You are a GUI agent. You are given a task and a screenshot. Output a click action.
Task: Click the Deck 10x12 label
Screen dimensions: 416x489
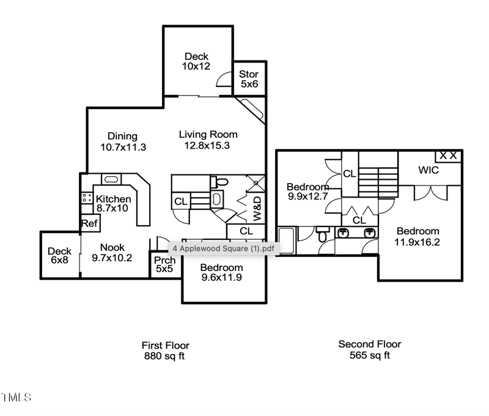196,61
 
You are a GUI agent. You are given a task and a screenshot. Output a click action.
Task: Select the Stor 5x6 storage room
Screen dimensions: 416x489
249,80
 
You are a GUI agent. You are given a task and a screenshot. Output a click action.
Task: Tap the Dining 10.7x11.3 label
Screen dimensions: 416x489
122,141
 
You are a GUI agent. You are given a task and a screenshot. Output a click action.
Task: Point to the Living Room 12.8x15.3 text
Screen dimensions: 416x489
208,139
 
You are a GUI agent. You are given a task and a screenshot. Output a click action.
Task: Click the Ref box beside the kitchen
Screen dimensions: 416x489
89,224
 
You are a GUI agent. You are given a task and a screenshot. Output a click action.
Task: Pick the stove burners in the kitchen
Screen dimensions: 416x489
86,198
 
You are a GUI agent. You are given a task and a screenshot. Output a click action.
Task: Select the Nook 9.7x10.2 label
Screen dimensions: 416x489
112,253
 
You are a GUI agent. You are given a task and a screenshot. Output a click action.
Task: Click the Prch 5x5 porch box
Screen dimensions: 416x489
165,265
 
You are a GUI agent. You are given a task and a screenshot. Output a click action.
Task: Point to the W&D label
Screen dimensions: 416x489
257,208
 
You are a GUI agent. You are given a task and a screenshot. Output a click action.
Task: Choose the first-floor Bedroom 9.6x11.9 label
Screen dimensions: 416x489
221,273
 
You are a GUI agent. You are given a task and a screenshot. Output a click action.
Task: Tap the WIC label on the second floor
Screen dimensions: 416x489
428,171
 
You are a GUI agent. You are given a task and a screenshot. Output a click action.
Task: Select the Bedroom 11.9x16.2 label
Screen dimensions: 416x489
418,236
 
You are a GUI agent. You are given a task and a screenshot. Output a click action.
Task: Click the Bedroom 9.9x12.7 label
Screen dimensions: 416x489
308,192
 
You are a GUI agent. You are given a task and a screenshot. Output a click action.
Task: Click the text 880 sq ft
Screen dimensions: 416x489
164,355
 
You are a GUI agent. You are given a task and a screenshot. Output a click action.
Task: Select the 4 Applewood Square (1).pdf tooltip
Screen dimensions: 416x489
223,248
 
